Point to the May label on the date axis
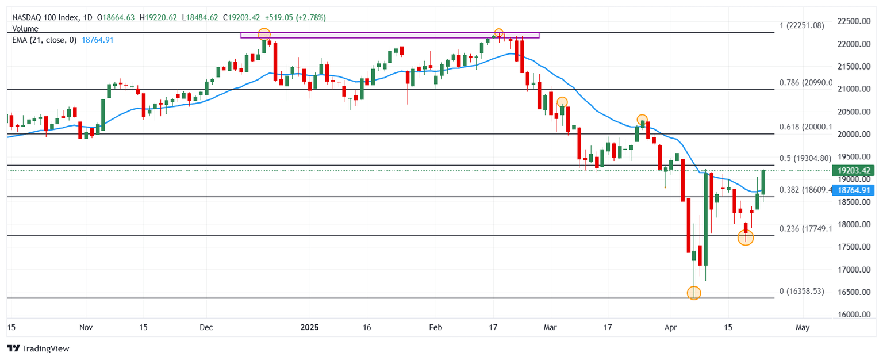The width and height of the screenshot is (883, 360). point(803,327)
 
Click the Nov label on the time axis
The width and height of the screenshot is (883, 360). point(86,327)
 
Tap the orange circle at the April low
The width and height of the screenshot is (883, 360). point(694,293)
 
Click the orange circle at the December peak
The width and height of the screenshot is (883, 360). point(264,34)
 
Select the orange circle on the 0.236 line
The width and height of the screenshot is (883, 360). point(745,238)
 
